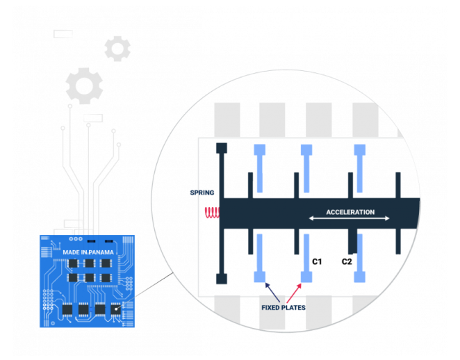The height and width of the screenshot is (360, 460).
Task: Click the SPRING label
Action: tap(202, 193)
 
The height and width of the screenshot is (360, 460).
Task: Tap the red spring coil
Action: tap(212, 213)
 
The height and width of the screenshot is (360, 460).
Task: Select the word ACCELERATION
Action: tap(350, 212)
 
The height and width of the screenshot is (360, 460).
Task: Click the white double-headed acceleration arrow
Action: tap(349, 218)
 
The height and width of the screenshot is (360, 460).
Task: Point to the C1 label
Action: tap(317, 261)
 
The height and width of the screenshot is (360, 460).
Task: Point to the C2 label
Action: tap(347, 261)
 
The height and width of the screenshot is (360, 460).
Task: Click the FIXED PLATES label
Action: tap(284, 308)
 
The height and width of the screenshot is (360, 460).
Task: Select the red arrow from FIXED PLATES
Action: tap(294, 293)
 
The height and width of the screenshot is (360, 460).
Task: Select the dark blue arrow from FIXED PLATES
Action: tap(272, 292)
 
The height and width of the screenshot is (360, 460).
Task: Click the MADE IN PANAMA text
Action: tap(88, 252)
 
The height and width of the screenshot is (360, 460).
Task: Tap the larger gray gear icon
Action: tap(84, 86)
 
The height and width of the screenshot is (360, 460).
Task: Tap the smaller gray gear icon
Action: tap(117, 49)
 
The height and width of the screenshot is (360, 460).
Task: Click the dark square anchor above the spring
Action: tap(222, 148)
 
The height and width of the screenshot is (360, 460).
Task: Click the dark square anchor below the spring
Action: tap(222, 279)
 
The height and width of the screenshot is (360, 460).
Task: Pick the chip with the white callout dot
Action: tap(116, 309)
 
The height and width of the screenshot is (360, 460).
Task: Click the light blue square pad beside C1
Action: tap(306, 277)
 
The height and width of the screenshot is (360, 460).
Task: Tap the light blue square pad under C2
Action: tap(360, 277)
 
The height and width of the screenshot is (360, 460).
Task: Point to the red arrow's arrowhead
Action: tap(299, 286)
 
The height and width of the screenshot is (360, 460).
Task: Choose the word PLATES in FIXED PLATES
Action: tap(293, 308)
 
